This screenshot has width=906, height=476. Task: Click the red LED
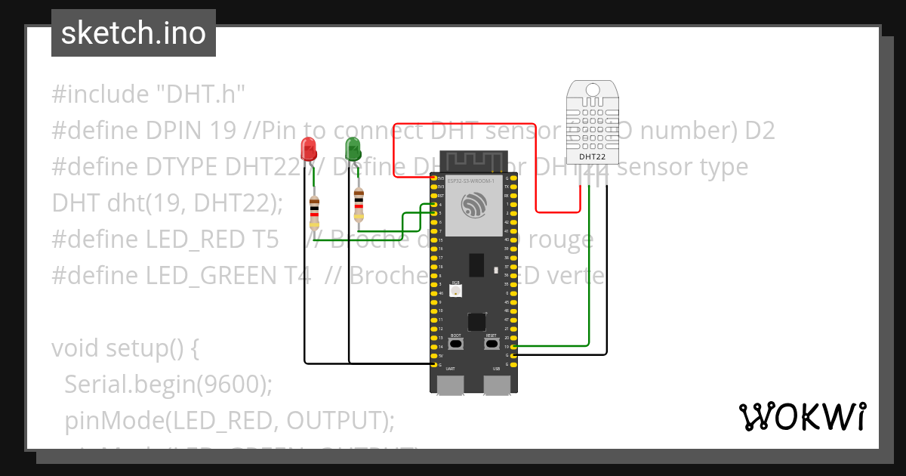[x=309, y=148]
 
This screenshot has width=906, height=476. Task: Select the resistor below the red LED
[x=314, y=212]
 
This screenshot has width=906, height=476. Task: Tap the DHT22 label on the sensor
[x=591, y=157]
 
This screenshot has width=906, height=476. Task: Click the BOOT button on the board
[x=456, y=343]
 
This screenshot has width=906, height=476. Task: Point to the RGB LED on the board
[x=456, y=291]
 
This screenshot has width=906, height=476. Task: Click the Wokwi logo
[x=802, y=416]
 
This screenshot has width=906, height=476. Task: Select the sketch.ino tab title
[x=134, y=33]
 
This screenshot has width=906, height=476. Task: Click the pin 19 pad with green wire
[x=513, y=347]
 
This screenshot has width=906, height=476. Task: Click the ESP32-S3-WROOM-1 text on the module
[x=470, y=181]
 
